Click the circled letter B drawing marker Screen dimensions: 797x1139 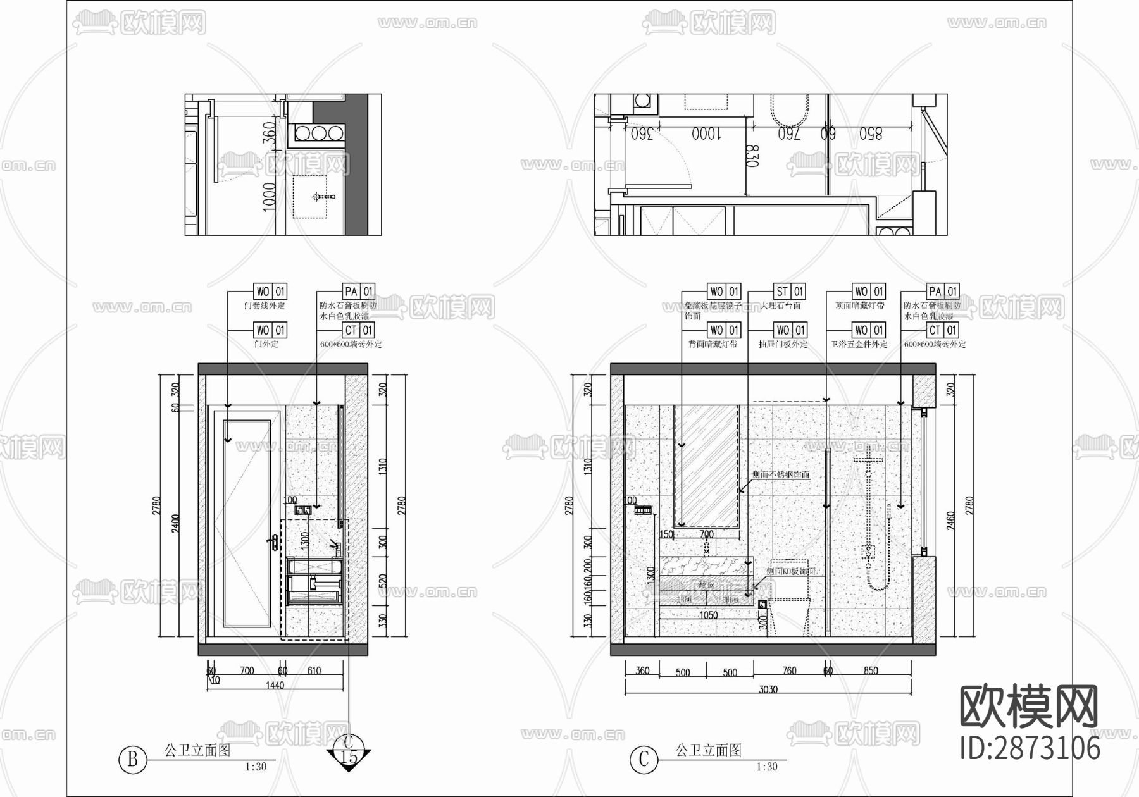click(132, 759)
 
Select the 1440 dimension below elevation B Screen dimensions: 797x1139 click(275, 684)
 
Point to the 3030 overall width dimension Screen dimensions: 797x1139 click(768, 689)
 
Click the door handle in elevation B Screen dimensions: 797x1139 click(275, 542)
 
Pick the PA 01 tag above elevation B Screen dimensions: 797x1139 click(359, 292)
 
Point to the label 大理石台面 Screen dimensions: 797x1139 click(780, 306)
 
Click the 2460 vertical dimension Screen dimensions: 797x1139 click(951, 521)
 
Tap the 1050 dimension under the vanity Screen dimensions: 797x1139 click(708, 615)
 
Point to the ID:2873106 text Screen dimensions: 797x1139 click(1030, 748)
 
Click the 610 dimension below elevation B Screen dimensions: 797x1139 click(313, 670)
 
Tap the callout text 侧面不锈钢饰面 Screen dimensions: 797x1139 click(780, 474)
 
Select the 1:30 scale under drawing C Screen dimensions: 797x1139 click(767, 767)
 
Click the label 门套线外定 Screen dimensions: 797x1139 click(265, 306)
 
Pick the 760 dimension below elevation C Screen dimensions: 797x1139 click(789, 670)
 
